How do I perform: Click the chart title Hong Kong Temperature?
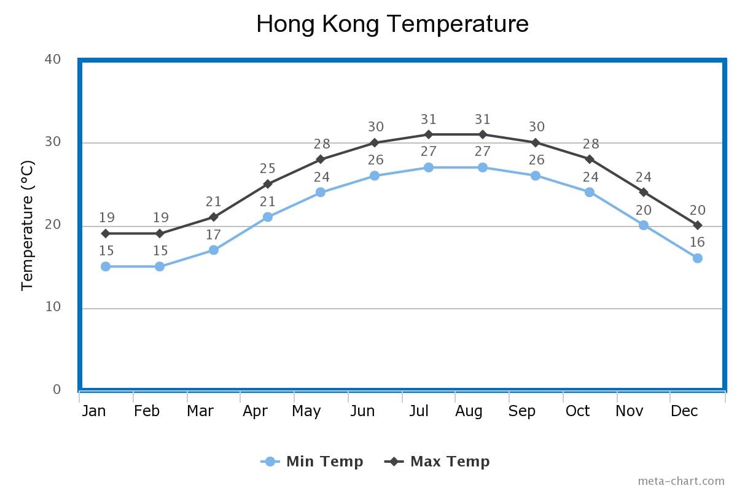coord(392,25)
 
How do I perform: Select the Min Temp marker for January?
coord(106,266)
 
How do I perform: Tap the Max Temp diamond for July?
coord(428,134)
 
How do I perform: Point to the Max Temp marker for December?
coord(697,225)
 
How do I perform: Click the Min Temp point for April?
coord(267,217)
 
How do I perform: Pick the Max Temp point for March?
coord(213,217)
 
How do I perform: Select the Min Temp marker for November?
coord(643,225)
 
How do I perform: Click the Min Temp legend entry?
coord(313,462)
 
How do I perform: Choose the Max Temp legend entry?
coord(437,462)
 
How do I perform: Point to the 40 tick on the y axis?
coord(53,60)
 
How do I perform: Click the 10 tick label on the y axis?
coord(53,307)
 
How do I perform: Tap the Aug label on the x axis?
coord(469,411)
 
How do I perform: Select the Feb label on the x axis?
coord(147,411)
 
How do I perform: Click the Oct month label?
coord(577,411)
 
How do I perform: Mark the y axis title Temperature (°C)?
coord(28,225)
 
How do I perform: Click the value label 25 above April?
coord(267,169)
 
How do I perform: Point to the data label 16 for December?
coord(697,242)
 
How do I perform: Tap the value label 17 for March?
coord(213,235)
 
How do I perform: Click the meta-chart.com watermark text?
coord(680,481)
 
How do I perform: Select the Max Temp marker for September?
coord(536,142)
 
